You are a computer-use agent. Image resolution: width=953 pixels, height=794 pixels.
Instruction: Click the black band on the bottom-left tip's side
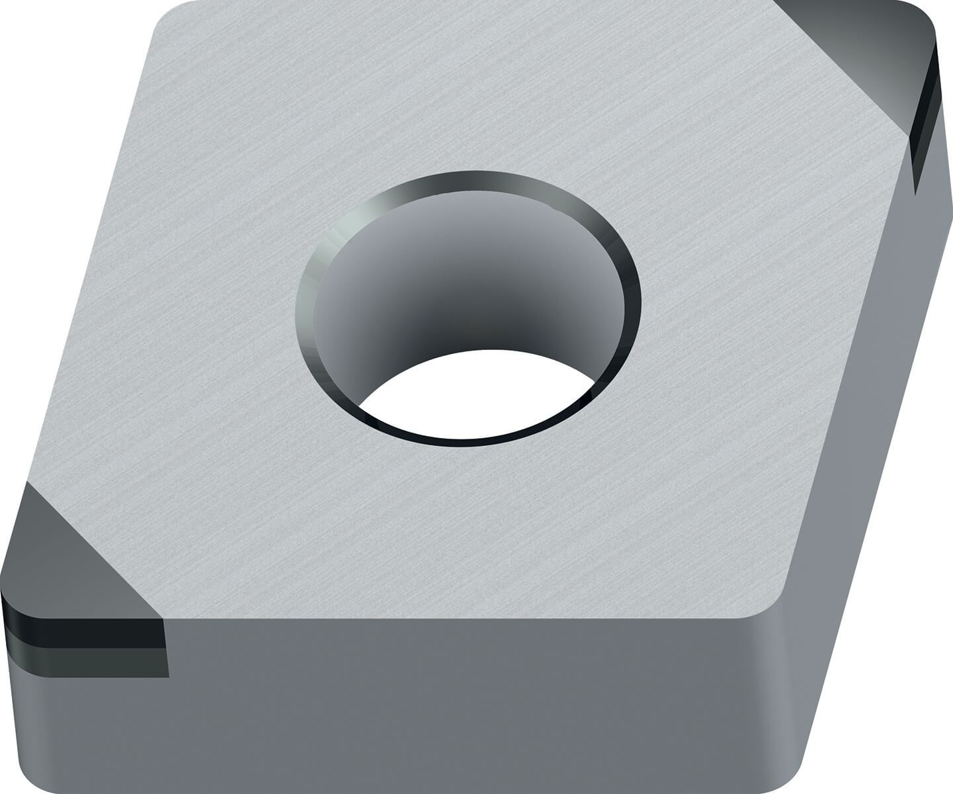pyautogui.click(x=86, y=629)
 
